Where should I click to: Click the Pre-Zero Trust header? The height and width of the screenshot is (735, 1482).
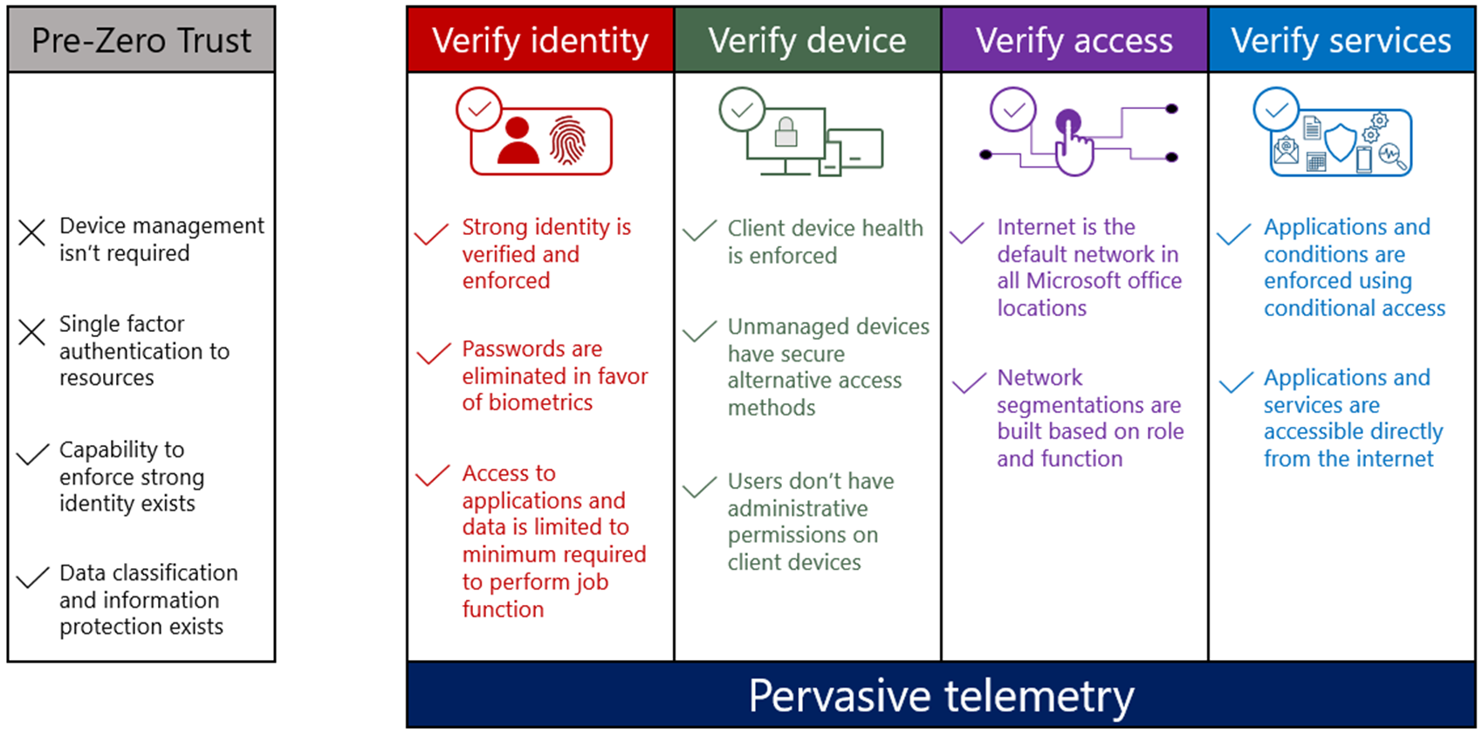(141, 40)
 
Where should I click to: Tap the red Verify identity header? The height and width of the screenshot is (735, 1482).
(540, 40)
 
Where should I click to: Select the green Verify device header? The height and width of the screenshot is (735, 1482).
(807, 40)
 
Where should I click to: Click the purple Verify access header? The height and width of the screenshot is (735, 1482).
(1074, 40)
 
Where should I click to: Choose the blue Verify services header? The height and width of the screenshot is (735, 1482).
(1341, 40)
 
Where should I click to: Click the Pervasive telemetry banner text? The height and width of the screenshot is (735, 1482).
(941, 696)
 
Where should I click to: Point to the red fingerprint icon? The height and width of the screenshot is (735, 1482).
(568, 140)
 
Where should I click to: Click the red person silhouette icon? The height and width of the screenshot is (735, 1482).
(518, 141)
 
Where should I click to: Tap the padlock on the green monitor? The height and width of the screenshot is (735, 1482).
(786, 132)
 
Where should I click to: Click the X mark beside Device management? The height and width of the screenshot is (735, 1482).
(32, 233)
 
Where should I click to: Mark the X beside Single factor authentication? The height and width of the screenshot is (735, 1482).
(32, 332)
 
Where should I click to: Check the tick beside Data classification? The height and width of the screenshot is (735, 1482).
(32, 578)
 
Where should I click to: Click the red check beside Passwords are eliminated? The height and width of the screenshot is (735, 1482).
(434, 354)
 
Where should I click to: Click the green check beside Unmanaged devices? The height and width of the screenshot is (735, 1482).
(700, 332)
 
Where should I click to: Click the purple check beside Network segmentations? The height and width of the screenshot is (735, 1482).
(969, 384)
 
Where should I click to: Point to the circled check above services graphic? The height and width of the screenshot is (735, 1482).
(1276, 110)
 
